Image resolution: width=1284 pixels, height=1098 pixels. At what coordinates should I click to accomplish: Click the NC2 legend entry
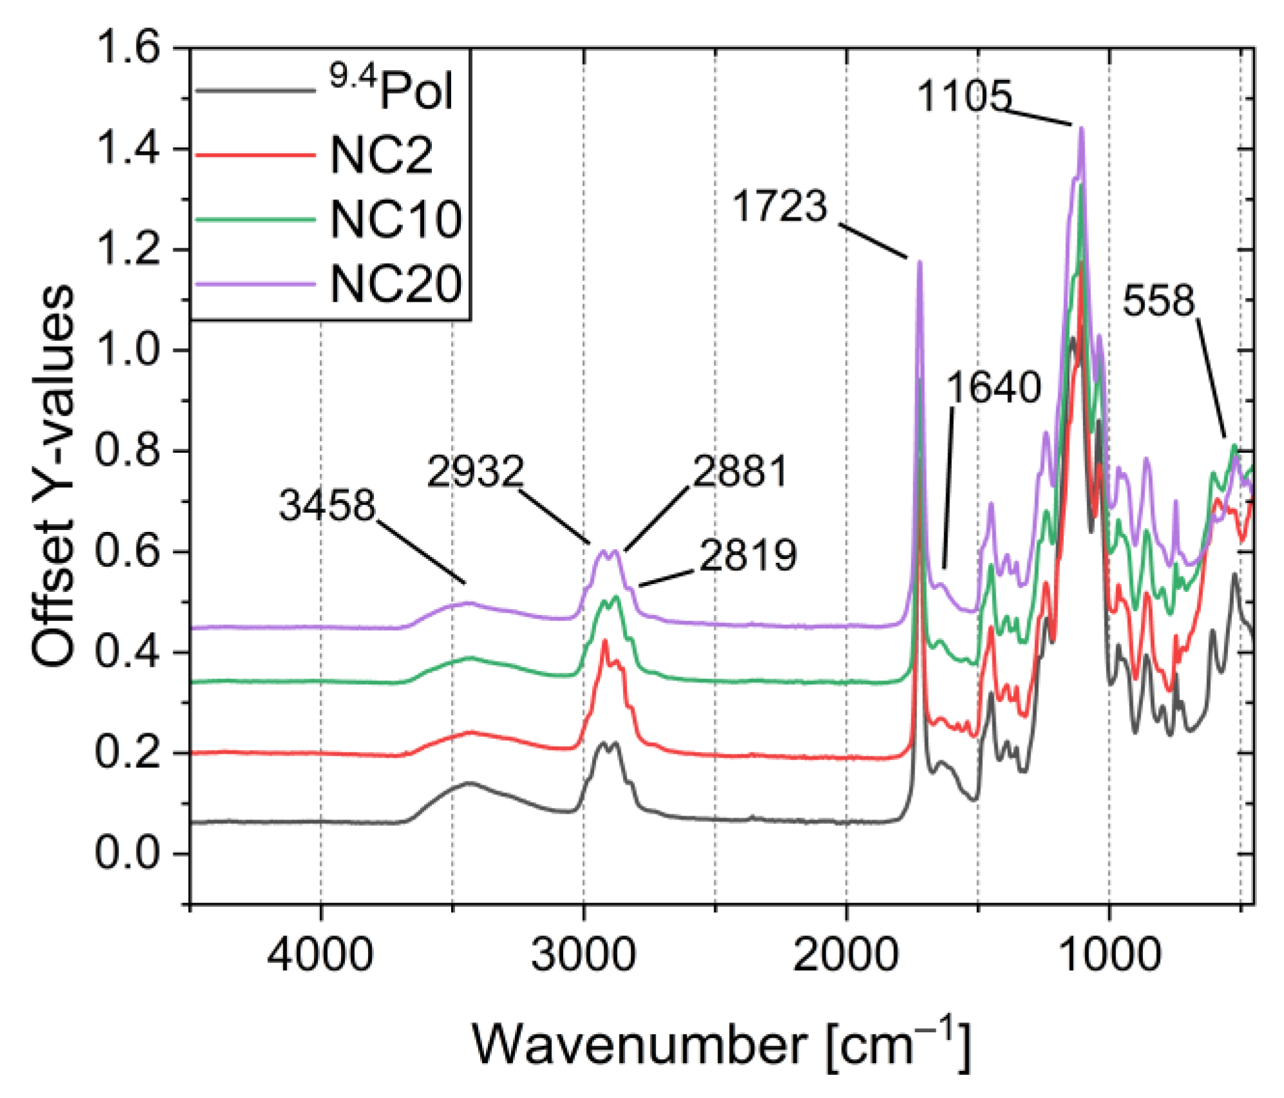[381, 155]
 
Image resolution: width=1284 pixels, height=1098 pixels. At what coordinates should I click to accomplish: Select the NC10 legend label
[395, 219]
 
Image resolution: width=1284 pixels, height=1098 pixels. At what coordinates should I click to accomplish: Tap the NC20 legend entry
[395, 284]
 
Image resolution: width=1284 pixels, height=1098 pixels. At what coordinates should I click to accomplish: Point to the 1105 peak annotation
[964, 96]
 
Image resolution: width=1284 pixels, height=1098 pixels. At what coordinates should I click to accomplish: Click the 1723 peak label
[779, 206]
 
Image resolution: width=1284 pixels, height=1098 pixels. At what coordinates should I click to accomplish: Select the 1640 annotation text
[994, 387]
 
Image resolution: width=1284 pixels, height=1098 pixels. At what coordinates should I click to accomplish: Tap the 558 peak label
[1158, 300]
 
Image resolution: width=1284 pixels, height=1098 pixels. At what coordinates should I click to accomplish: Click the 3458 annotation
[327, 504]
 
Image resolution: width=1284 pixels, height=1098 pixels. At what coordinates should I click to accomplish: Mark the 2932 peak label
[476, 471]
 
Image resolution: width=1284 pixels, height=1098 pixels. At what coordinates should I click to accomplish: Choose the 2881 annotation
[740, 471]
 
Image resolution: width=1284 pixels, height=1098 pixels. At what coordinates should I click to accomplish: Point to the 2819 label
[748, 554]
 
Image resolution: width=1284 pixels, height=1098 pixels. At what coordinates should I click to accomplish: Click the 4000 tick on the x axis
[320, 955]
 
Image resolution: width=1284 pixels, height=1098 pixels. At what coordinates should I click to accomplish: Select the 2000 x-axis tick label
[846, 955]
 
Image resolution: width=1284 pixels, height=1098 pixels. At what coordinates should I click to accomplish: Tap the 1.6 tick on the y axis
[127, 48]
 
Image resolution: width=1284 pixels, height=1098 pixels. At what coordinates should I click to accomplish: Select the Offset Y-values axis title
[53, 476]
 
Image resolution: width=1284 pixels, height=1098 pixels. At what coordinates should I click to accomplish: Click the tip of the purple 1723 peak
[920, 261]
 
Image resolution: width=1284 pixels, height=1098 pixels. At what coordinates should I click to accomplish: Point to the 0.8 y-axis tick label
[127, 450]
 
